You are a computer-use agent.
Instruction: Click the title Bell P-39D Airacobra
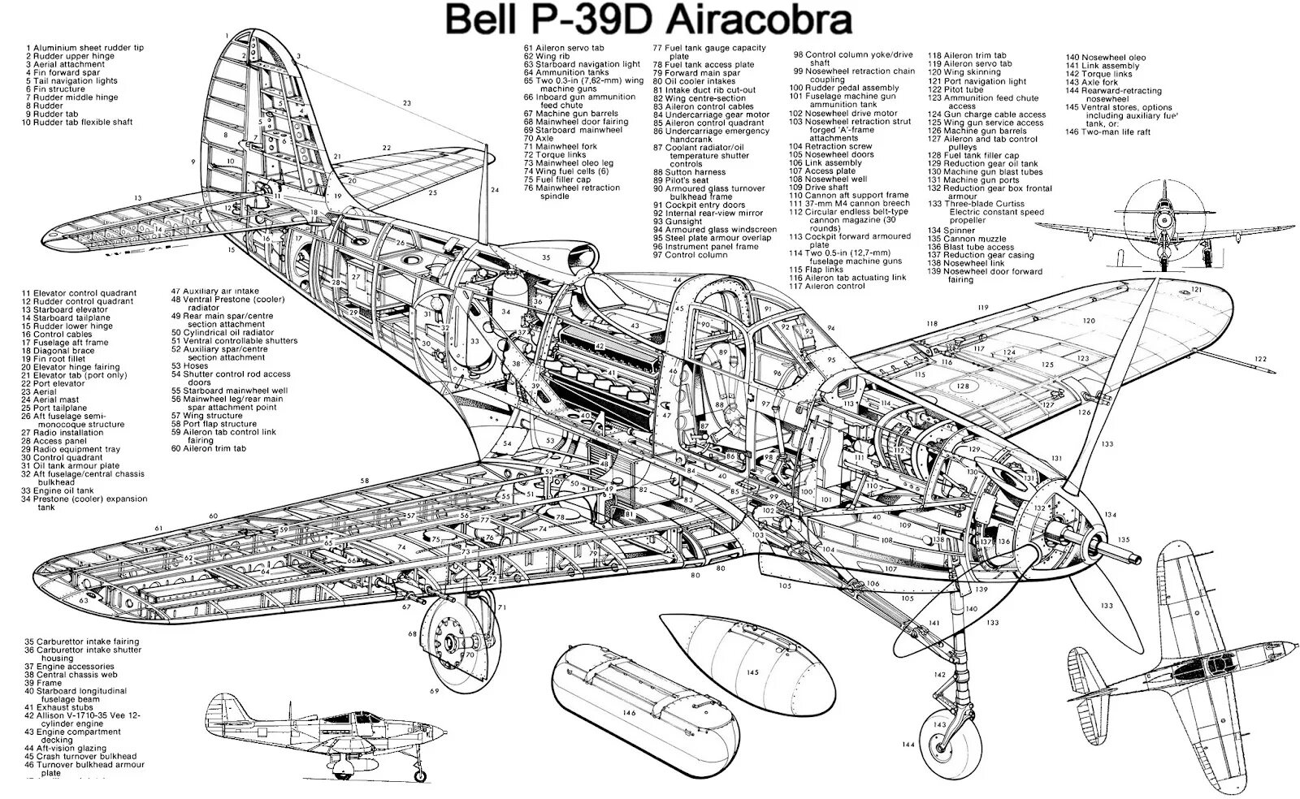click(x=648, y=20)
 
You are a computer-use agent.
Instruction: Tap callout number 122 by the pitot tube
click(x=1260, y=359)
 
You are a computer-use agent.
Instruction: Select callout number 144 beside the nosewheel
click(x=908, y=744)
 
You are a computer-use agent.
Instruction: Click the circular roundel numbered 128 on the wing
click(x=964, y=387)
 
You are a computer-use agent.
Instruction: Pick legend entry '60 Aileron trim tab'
click(x=208, y=448)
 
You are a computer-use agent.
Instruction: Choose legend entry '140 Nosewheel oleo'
click(x=1106, y=58)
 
